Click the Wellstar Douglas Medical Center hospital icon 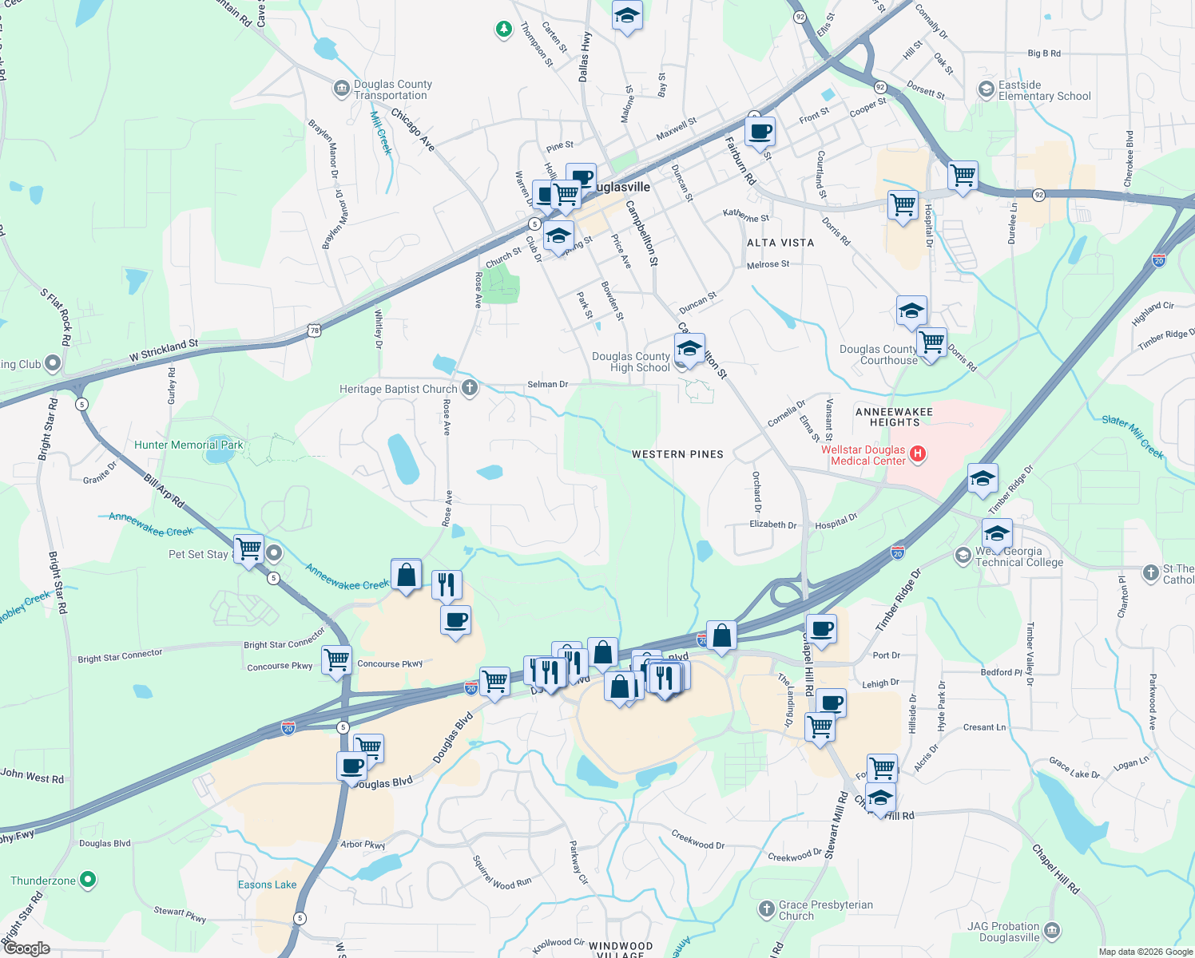tap(918, 454)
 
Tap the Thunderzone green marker tap(88, 881)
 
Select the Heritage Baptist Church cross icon tap(470, 389)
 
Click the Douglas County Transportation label tap(392, 89)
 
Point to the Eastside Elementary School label tap(1044, 90)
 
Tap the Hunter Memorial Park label tap(189, 445)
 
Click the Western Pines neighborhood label tap(677, 454)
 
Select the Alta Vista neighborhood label tap(780, 243)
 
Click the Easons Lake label tap(267, 885)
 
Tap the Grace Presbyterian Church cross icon tap(766, 909)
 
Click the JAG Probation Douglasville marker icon tap(1052, 930)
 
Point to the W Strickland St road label tap(164, 350)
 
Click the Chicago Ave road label tap(412, 130)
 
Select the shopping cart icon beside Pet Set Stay tap(249, 548)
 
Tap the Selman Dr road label tap(547, 384)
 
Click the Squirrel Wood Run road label tap(501, 873)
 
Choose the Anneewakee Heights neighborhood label tap(894, 417)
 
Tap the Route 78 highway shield tap(315, 330)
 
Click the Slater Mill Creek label tap(1133, 436)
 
